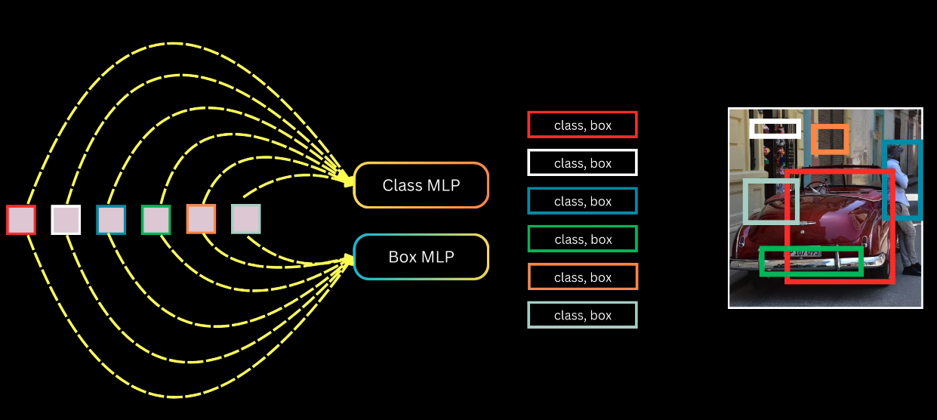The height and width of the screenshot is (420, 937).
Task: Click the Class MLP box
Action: pyautogui.click(x=421, y=185)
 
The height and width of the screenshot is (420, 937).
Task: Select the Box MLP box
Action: pyautogui.click(x=421, y=257)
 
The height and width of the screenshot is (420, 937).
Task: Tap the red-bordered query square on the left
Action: pyautogui.click(x=21, y=220)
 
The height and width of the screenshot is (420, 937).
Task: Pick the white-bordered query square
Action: pyautogui.click(x=66, y=220)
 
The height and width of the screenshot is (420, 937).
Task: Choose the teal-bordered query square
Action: pyautogui.click(x=111, y=220)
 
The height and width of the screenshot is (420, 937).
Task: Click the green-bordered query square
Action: pyautogui.click(x=156, y=220)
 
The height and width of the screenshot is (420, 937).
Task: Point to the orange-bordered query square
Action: pyautogui.click(x=201, y=219)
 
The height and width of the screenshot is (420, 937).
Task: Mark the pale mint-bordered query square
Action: pyautogui.click(x=246, y=219)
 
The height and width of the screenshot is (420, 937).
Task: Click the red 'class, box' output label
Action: pyautogui.click(x=582, y=125)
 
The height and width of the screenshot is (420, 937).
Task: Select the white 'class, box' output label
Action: pyautogui.click(x=582, y=163)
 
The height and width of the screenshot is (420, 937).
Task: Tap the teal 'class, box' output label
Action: pyautogui.click(x=582, y=202)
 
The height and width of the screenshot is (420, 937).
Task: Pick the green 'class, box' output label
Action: pyautogui.click(x=582, y=239)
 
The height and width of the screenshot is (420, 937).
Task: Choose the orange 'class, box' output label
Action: pyautogui.click(x=582, y=277)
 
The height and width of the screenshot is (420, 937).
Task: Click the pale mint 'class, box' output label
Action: pyautogui.click(x=582, y=315)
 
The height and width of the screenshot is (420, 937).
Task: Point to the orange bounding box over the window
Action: pyautogui.click(x=830, y=140)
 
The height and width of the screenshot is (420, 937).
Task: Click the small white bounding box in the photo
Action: pyautogui.click(x=775, y=128)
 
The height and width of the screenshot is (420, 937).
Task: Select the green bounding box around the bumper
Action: pyautogui.click(x=811, y=261)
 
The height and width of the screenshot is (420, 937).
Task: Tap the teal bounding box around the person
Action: pyautogui.click(x=902, y=180)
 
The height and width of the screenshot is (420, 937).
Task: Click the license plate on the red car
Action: pyautogui.click(x=806, y=252)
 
